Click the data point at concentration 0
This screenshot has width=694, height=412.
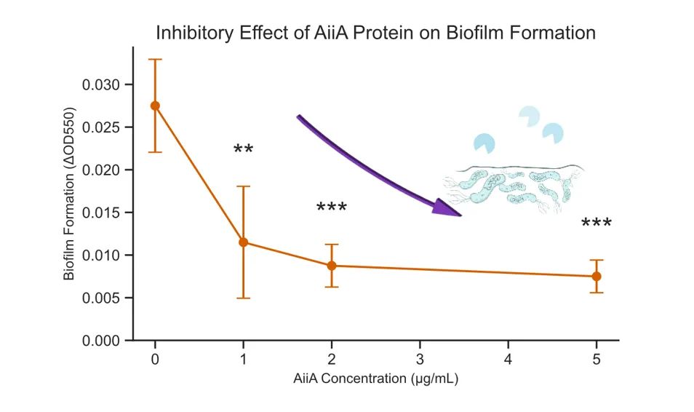[155, 106]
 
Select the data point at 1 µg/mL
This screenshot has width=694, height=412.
[243, 242]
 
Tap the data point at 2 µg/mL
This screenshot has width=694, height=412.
[332, 266]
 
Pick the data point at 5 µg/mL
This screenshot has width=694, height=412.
[597, 277]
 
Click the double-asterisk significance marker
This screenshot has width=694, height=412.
[243, 150]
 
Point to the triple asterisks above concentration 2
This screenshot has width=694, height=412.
[332, 208]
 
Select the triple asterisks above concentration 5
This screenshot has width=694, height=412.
[597, 223]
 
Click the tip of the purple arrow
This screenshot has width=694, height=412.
[460, 215]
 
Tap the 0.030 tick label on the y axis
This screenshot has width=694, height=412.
[101, 84]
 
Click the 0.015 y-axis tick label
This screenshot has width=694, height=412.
[101, 213]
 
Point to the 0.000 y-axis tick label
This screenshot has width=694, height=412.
[101, 341]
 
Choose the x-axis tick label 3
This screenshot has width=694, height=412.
[420, 359]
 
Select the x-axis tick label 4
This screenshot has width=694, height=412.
[508, 359]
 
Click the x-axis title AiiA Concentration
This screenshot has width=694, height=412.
[376, 379]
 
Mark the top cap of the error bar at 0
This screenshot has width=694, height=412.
[155, 59]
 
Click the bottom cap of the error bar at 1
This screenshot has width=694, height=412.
[243, 298]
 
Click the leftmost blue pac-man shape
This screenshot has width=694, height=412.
[483, 143]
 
